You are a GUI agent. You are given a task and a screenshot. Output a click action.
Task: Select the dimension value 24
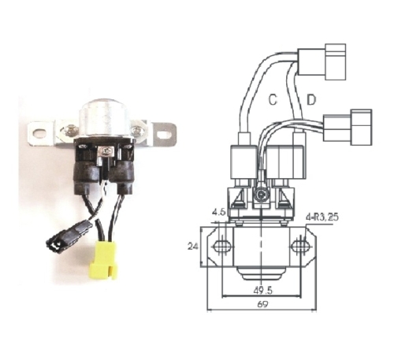(193, 246)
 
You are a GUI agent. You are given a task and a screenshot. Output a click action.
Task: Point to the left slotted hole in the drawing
(223, 247)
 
